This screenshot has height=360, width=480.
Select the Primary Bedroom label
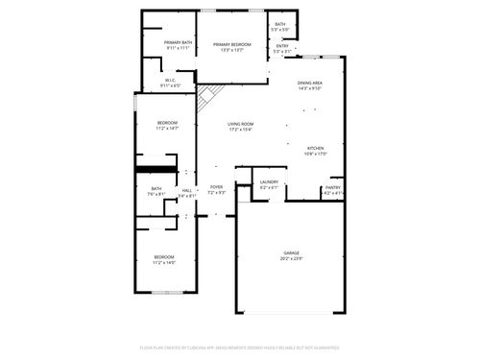pos(232,44)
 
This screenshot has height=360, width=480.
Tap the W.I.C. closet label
pos(170,81)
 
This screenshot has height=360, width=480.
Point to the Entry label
pos(282,46)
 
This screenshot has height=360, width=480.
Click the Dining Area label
pos(309,84)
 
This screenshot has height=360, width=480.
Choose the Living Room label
pos(240,124)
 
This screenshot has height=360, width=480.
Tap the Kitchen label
pos(316,148)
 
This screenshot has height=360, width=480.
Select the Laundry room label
pos(269,181)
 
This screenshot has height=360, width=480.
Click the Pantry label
pos(332,187)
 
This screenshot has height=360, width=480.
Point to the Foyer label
pos(217,187)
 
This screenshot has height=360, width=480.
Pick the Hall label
pos(187,190)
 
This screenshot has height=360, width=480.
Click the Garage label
pos(291,252)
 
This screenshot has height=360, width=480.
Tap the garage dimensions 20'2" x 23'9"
pos(291,259)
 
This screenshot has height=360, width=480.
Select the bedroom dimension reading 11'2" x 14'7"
pos(168,129)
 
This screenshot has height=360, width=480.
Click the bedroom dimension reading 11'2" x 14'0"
pos(164,262)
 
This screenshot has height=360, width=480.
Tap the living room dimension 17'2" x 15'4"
pos(240,130)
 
